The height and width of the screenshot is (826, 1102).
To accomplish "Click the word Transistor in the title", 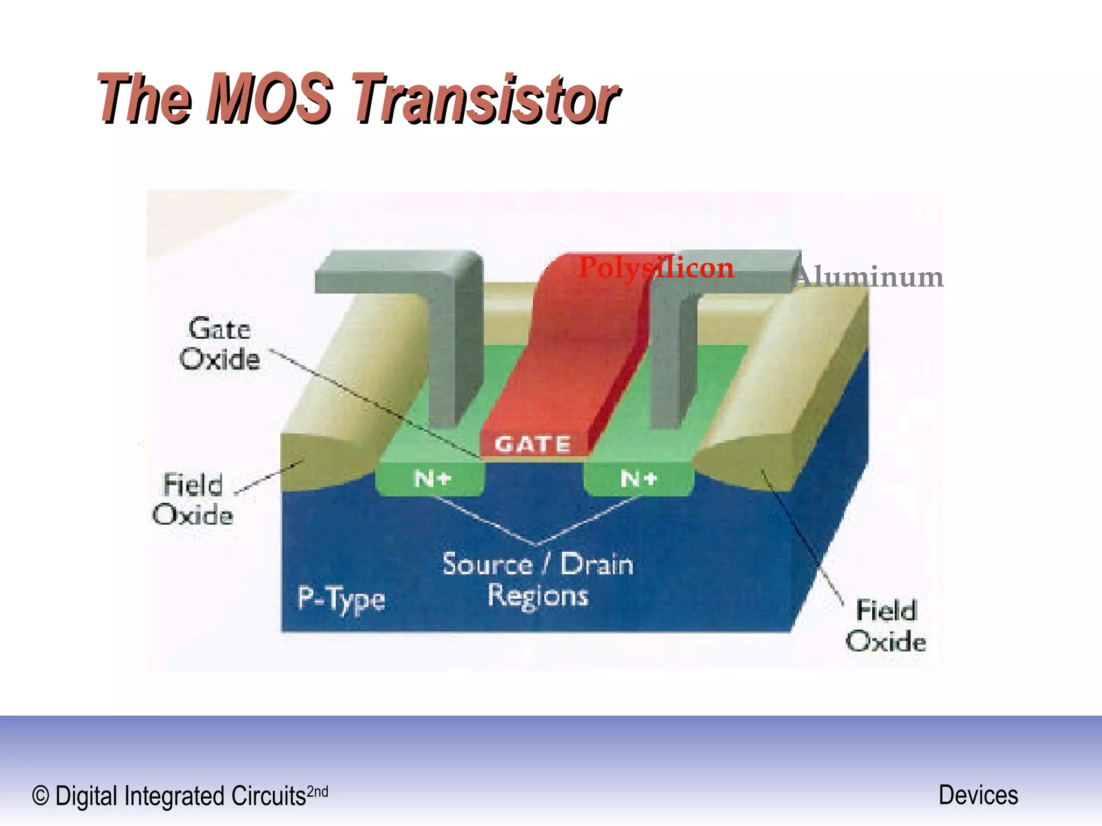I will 485,99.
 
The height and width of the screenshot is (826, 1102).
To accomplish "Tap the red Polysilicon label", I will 656,268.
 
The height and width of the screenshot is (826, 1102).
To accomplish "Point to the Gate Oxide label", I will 220,344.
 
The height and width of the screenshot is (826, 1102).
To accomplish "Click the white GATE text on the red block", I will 532,444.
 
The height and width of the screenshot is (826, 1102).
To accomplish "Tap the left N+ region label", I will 432,478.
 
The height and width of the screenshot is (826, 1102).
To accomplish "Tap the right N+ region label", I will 639,478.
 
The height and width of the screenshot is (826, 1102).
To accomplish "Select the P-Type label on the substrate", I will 341,599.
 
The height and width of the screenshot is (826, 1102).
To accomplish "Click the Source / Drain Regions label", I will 538,580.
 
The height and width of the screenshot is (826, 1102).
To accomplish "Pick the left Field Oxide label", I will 193,499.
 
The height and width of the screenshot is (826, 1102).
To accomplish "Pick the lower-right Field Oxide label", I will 886,626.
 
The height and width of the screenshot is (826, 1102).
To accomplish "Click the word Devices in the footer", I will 978,795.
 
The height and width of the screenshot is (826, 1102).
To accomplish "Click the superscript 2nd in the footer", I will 317,792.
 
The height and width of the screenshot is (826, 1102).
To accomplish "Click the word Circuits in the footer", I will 269,796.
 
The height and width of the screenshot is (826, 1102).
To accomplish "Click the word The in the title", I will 144,99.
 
